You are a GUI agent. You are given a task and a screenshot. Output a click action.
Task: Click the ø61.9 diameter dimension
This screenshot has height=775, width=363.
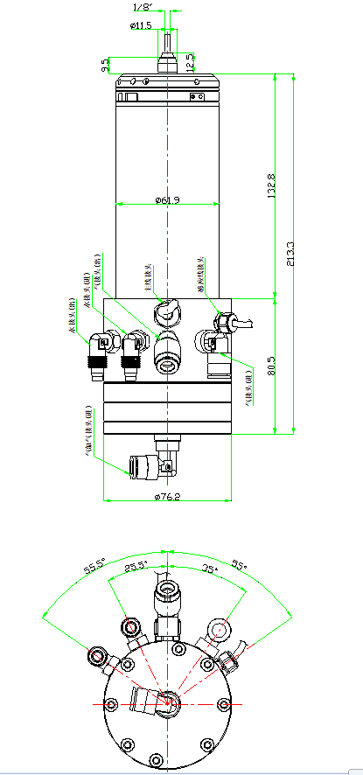click(167, 200)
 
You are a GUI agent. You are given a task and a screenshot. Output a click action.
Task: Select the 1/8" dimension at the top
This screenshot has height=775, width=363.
click(143, 7)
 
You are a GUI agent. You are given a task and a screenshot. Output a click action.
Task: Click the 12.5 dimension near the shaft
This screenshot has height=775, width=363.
click(191, 61)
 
